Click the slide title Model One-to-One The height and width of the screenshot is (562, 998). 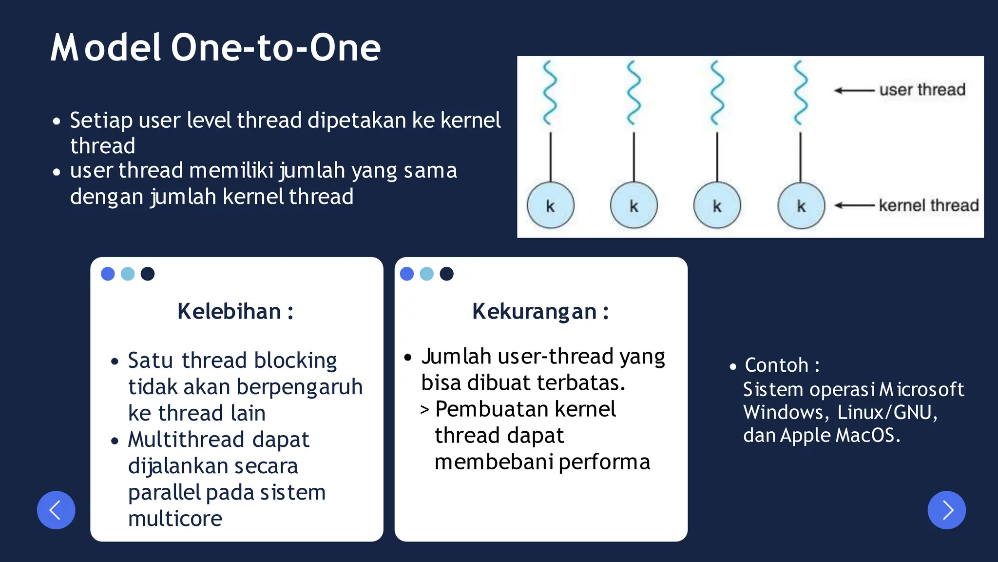click(x=215, y=48)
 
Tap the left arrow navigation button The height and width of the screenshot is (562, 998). click(x=56, y=510)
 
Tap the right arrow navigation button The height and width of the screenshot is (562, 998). click(x=946, y=510)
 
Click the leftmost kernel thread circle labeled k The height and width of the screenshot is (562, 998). click(x=550, y=205)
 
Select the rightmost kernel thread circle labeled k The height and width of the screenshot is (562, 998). click(x=801, y=205)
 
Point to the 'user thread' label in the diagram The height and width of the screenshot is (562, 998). click(x=922, y=90)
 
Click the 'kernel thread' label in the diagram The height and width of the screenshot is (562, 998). click(x=928, y=205)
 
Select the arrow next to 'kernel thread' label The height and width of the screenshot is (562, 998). click(x=854, y=205)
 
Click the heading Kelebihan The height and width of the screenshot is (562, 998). click(x=235, y=311)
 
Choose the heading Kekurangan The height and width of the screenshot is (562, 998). click(x=540, y=311)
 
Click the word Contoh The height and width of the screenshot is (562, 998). click(x=776, y=365)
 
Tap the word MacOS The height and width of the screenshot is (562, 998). click(x=865, y=435)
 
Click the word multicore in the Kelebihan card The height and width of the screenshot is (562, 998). click(x=175, y=518)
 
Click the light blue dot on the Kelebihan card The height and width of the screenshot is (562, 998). click(x=128, y=274)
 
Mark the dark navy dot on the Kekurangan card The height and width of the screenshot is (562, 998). click(x=446, y=274)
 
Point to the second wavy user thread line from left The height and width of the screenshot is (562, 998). click(x=633, y=93)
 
